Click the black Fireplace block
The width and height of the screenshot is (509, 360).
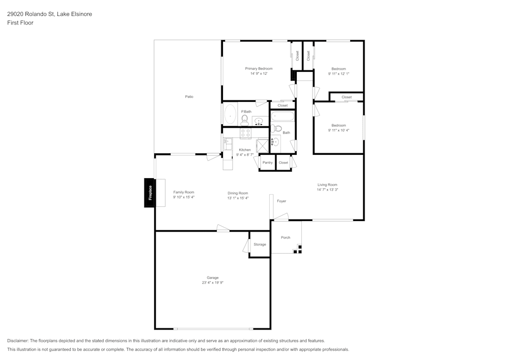(150, 192)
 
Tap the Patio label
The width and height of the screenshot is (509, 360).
(189, 97)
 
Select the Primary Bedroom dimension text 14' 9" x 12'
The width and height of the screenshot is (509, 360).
(259, 74)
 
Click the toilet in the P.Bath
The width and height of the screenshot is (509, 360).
(245, 120)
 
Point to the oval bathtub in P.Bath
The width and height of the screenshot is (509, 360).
(230, 115)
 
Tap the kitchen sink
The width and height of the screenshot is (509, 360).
(228, 144)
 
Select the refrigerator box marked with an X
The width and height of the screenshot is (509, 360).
(262, 146)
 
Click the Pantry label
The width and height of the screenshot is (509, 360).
(267, 163)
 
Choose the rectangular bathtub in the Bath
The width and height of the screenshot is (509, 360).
(282, 117)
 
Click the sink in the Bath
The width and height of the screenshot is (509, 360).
(275, 142)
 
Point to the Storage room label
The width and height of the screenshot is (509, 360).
(260, 245)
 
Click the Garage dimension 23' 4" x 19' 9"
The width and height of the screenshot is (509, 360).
(212, 283)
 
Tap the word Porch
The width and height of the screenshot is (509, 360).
(286, 237)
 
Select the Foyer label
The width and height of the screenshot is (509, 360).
(281, 201)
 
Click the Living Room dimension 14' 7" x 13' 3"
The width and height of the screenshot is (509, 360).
(327, 189)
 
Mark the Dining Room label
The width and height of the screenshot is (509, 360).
(238, 193)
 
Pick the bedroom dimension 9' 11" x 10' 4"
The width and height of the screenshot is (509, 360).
(338, 130)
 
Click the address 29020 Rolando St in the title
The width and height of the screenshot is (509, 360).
(32, 14)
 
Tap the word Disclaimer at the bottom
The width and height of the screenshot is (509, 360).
(18, 341)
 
